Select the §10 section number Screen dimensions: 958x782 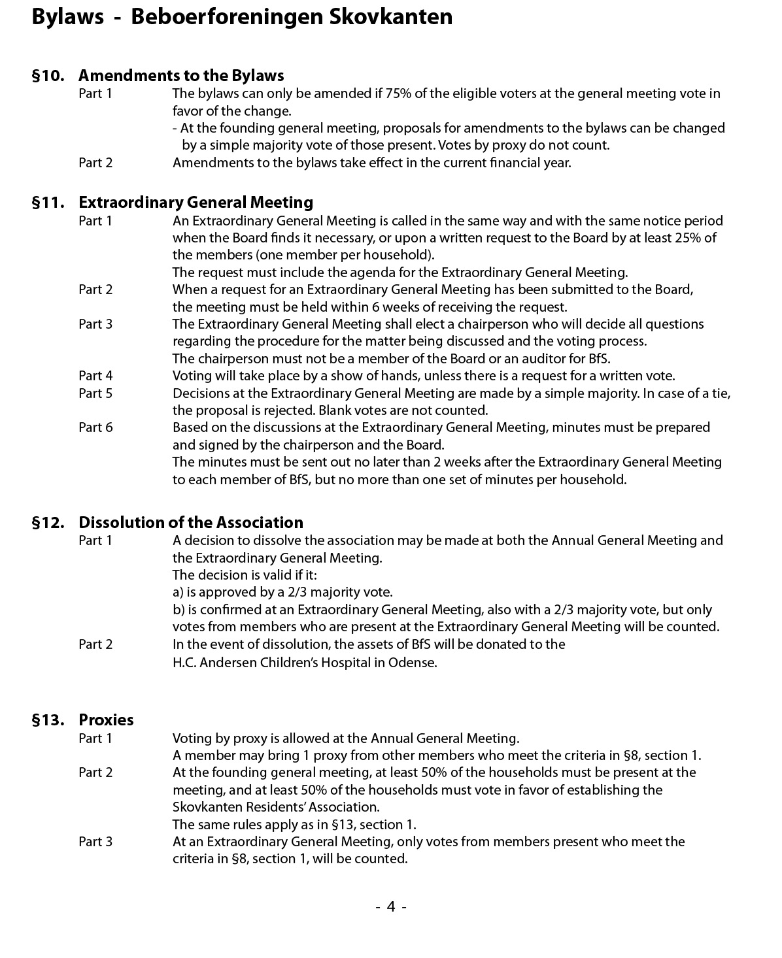click(x=48, y=76)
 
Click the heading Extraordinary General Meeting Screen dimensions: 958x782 click(x=195, y=203)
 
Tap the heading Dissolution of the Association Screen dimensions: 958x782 click(x=191, y=523)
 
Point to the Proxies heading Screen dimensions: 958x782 click(x=106, y=720)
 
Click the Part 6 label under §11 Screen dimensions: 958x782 click(x=95, y=427)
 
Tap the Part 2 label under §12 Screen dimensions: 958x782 click(x=95, y=644)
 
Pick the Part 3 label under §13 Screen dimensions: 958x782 click(x=95, y=842)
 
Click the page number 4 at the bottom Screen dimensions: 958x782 click(x=391, y=906)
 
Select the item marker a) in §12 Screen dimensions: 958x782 click(x=178, y=593)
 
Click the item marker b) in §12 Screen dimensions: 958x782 click(x=178, y=610)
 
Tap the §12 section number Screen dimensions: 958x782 click(x=48, y=523)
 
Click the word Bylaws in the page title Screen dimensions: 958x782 click(x=67, y=16)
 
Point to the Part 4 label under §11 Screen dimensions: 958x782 click(x=95, y=376)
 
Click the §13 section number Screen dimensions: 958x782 click(x=48, y=720)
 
